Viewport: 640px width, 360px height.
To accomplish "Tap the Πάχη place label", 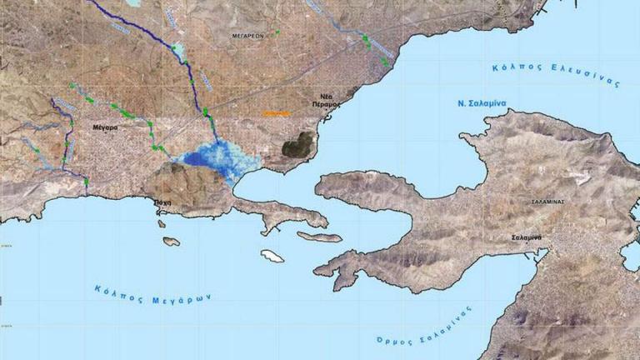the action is pos(163,201).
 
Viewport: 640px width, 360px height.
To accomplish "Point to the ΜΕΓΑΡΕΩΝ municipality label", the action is pos(248,37).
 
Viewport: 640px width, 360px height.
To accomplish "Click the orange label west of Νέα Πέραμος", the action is pos(275,112).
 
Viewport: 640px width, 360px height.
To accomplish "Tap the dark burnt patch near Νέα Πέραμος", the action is pos(297,145).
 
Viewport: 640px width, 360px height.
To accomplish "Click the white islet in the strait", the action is pos(272,256).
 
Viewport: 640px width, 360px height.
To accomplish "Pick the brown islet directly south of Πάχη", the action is pos(171,242).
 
